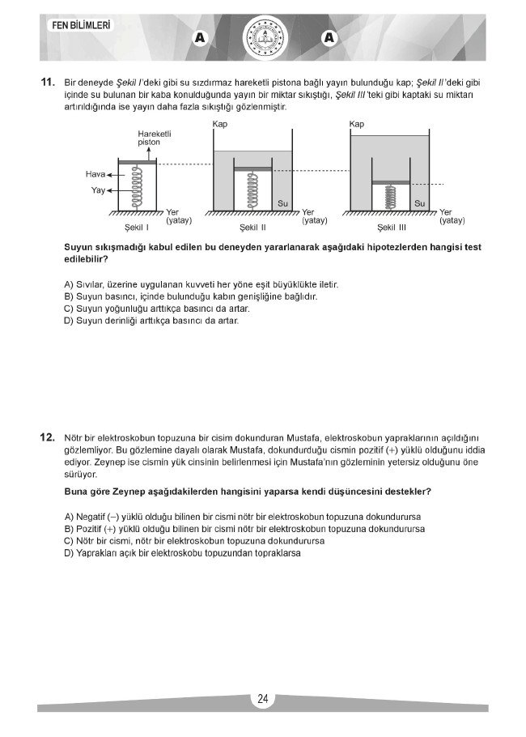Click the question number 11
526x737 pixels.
(x=47, y=83)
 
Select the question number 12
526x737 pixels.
(x=47, y=438)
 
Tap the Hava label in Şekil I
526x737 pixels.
(x=95, y=174)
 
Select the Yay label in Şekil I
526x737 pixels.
(x=99, y=191)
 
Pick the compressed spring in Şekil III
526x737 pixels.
(x=391, y=197)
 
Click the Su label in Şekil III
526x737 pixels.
(x=420, y=203)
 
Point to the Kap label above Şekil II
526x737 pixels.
(x=219, y=124)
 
